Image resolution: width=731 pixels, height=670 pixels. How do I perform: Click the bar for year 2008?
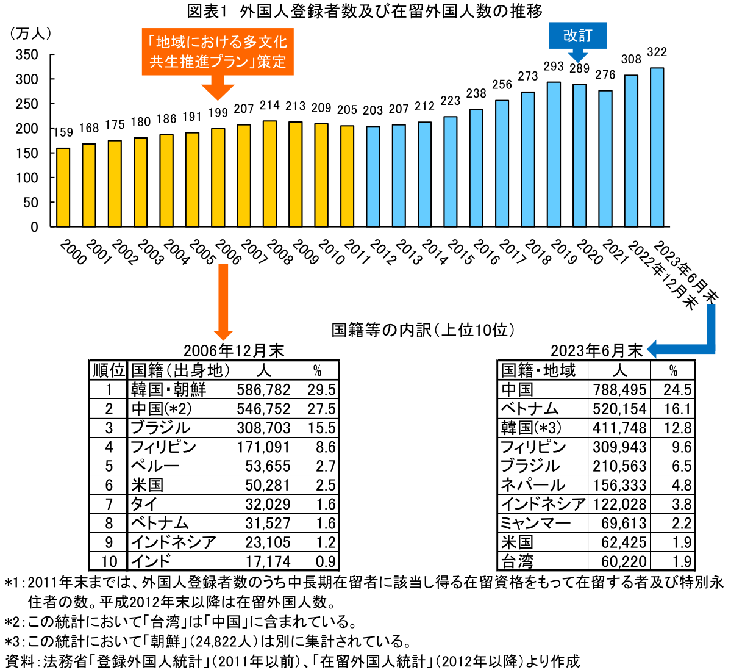(x=269, y=174)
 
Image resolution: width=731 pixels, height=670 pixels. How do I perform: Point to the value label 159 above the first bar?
(x=63, y=132)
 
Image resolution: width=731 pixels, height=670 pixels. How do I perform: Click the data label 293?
(x=554, y=67)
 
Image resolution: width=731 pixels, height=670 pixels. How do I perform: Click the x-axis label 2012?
(x=383, y=252)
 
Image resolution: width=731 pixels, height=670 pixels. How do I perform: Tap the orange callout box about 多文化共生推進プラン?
(x=218, y=52)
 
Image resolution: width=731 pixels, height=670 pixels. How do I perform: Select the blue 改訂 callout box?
(x=577, y=35)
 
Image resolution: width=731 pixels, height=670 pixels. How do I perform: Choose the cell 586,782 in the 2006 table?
(x=263, y=390)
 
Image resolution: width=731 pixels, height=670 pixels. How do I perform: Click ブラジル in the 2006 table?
(x=160, y=428)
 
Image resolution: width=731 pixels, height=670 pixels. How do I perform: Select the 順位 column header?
(x=109, y=370)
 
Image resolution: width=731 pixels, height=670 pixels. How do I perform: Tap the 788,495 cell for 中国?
(x=619, y=390)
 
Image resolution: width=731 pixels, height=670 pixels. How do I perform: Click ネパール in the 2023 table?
(x=532, y=485)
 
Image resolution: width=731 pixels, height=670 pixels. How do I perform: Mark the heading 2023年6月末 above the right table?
(x=596, y=351)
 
